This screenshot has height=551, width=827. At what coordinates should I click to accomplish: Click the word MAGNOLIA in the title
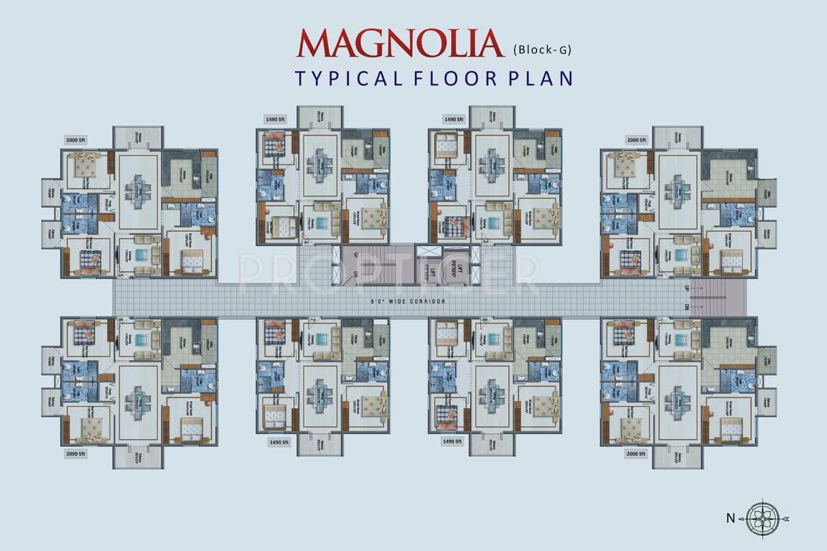400,44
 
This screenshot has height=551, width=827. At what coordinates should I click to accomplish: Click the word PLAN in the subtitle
538,77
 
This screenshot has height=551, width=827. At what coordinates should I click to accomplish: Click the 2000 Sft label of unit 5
75,140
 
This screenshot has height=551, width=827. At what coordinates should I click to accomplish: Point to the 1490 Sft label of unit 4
276,119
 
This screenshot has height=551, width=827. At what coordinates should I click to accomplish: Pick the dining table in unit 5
136,190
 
